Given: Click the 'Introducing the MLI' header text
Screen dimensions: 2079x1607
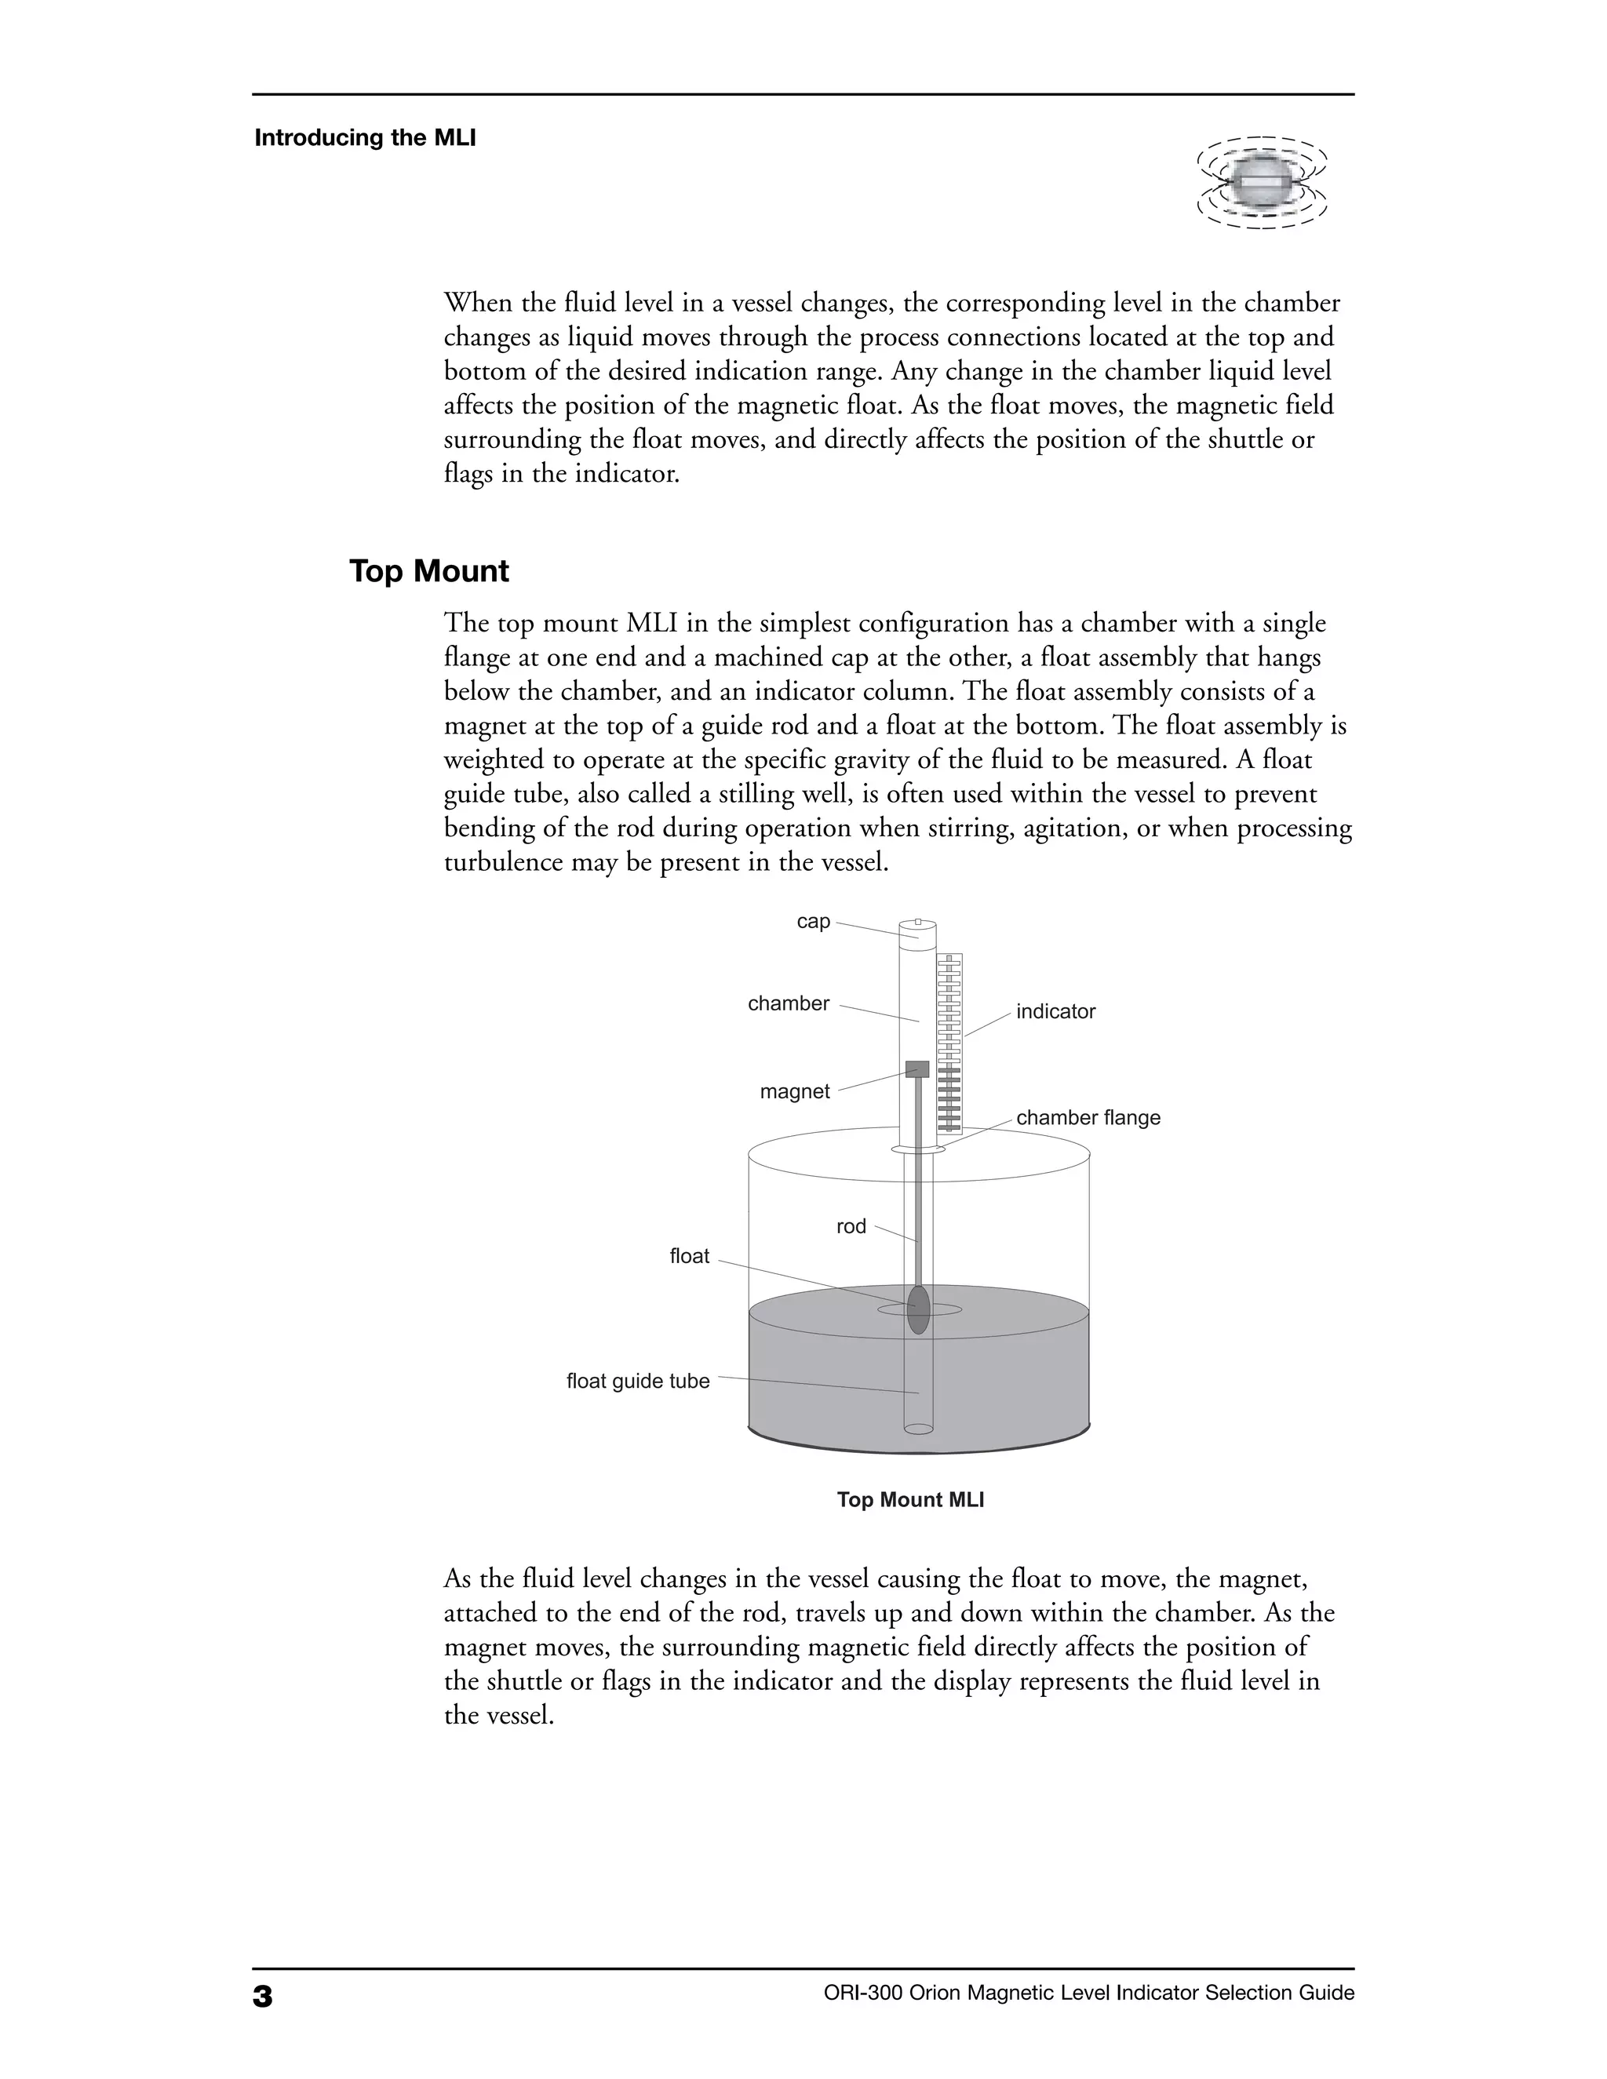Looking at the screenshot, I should coord(365,138).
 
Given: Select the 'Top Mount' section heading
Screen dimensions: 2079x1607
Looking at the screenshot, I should coord(428,571).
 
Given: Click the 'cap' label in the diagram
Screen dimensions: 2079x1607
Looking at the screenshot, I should coord(813,922).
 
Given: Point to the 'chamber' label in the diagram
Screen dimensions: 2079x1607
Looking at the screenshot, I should coord(789,1003).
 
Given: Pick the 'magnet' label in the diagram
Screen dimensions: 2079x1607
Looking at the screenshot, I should coord(794,1092).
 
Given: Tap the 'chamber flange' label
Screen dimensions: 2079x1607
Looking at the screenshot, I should coord(1088,1117).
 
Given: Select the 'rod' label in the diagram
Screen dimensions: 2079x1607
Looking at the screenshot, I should coord(851,1227).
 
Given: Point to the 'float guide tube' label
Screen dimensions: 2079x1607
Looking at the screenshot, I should coord(638,1382).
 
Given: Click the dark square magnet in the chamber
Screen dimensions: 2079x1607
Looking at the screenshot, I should coord(916,1069).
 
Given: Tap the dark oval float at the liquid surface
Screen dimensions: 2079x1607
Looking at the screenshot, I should coord(918,1310).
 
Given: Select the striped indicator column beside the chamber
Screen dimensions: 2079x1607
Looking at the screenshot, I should coord(949,1043).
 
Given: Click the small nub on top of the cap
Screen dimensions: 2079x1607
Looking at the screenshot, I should coord(918,922).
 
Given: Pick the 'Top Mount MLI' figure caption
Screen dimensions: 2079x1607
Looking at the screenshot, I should coord(910,1500).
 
